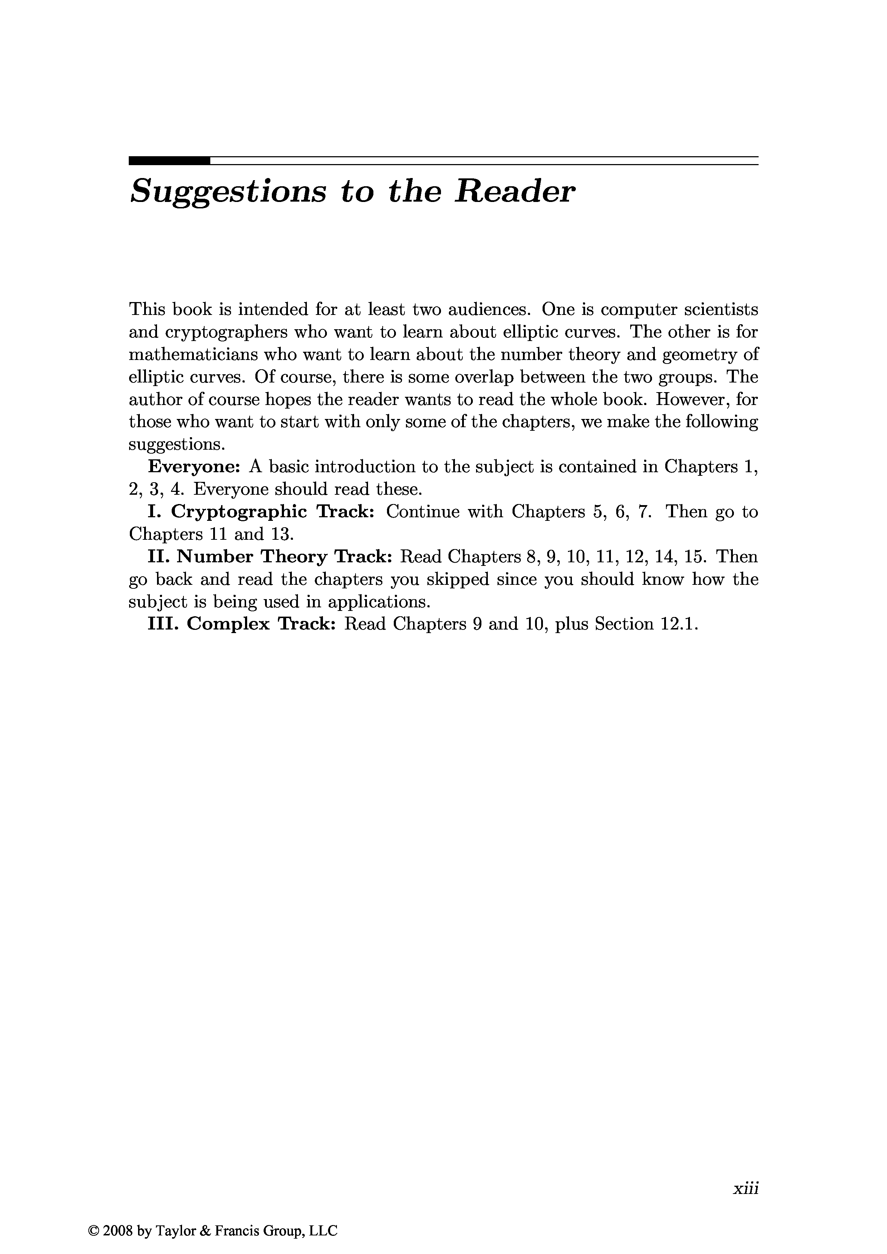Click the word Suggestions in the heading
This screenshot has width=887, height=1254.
(x=228, y=193)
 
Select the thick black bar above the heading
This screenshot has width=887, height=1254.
(x=170, y=161)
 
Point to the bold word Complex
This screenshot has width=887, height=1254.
(x=229, y=624)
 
